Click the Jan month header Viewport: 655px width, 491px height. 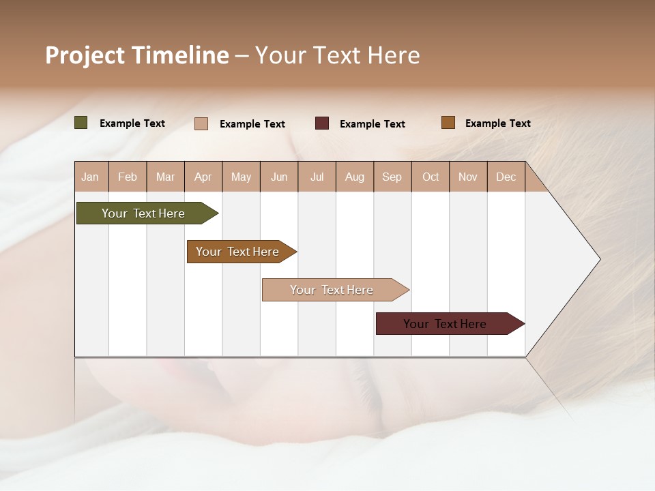point(91,177)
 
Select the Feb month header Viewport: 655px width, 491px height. point(128,177)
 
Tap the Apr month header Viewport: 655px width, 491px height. point(203,177)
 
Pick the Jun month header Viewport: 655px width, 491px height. point(279,177)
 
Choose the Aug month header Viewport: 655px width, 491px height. point(355,177)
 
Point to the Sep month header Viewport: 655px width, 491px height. point(392,177)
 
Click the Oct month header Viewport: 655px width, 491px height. point(431,177)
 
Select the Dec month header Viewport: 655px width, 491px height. point(506,177)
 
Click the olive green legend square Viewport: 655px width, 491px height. point(81,123)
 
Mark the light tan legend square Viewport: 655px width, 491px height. point(201,123)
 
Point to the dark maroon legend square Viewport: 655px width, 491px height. point(322,123)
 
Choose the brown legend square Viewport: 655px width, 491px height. point(448,123)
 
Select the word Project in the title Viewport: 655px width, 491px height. point(85,55)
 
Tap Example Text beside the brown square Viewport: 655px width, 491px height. point(498,123)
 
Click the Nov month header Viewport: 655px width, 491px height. point(468,177)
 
